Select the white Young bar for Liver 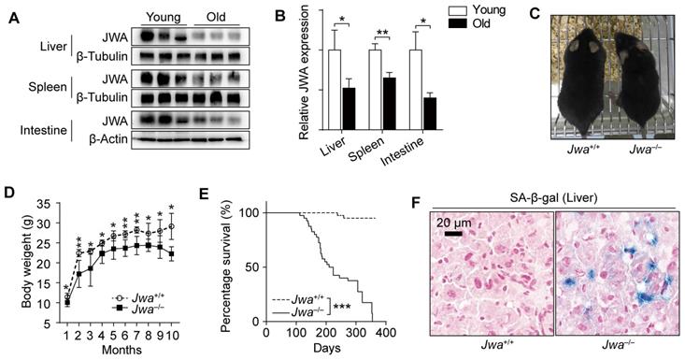334,91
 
